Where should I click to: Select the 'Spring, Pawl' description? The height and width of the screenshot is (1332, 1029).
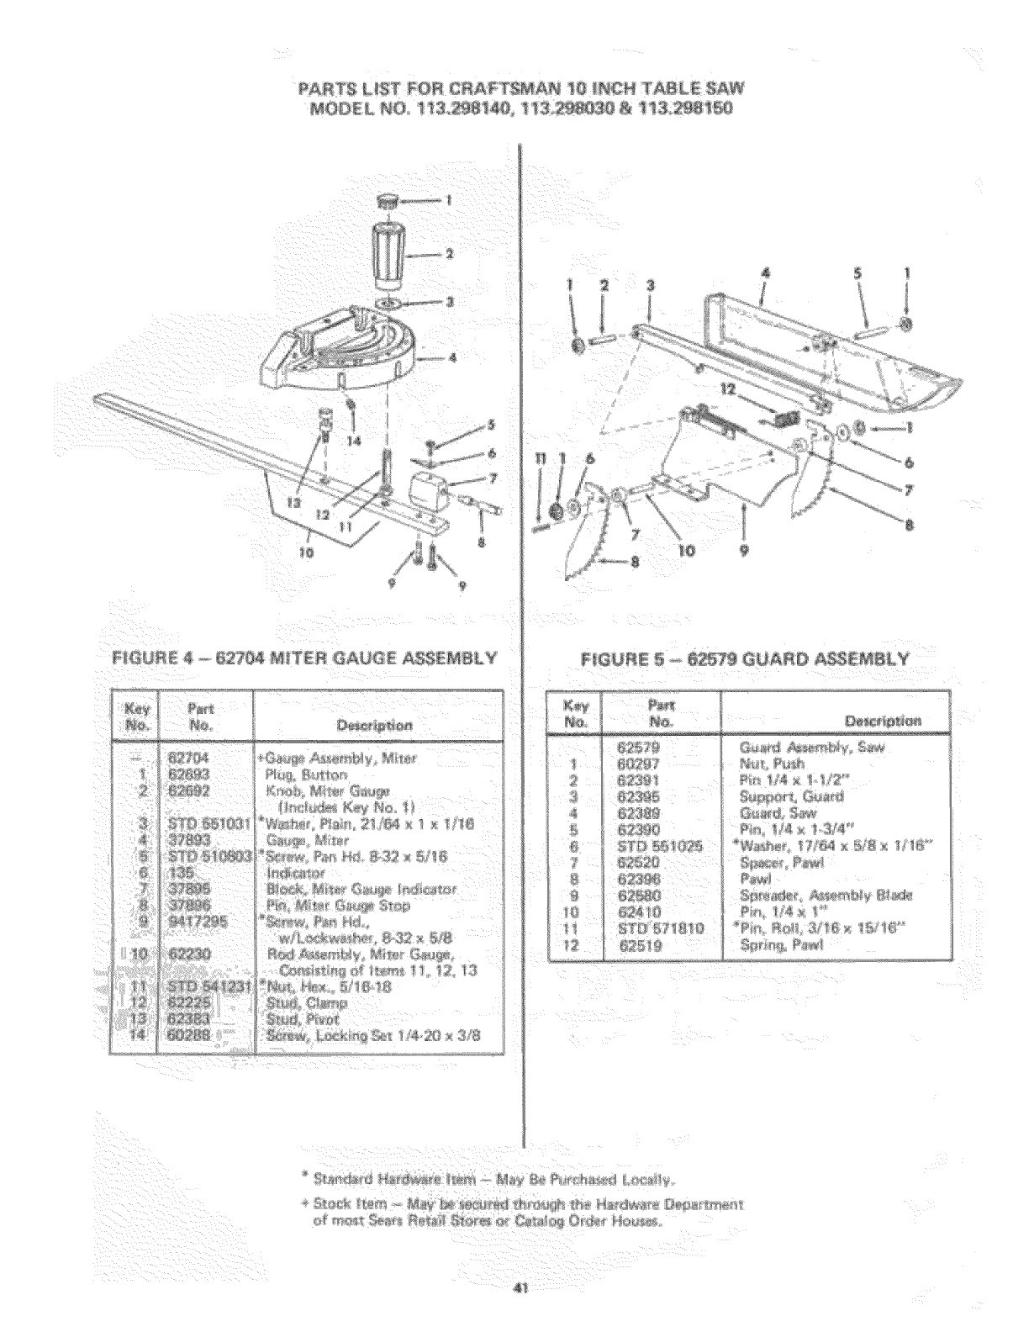pyautogui.click(x=781, y=946)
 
